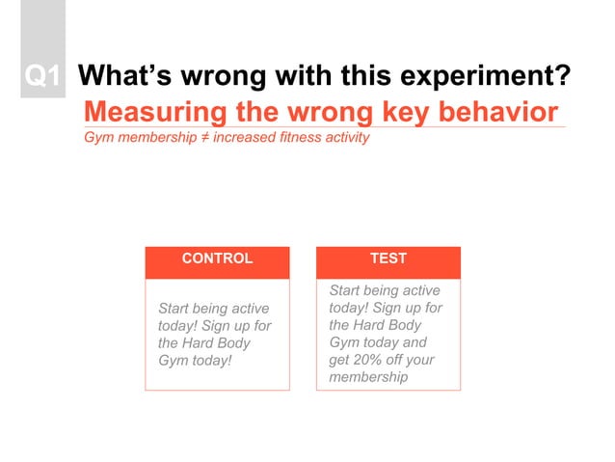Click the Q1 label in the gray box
tap(42, 76)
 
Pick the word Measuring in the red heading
tap(155, 110)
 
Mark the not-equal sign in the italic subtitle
tap(204, 137)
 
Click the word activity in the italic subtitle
tap(347, 137)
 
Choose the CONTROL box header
tap(217, 258)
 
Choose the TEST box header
tap(388, 258)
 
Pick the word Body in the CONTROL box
tap(234, 343)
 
